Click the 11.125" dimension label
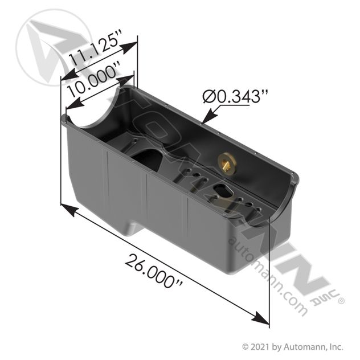[x=95, y=48]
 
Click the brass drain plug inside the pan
[x=226, y=162]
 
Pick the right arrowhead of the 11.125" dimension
[x=129, y=47]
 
